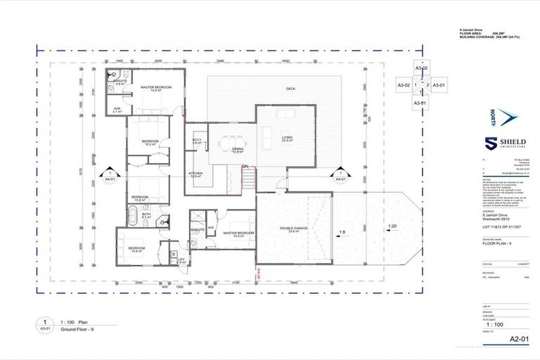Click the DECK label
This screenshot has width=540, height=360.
coord(290,89)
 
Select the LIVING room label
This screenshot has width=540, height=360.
coord(287,138)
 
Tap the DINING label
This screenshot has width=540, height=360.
coord(238,149)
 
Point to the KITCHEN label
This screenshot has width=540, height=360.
coord(195,174)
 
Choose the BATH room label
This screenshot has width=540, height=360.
coord(147,215)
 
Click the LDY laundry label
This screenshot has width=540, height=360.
coord(181,259)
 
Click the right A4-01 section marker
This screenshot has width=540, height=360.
coord(340,176)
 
